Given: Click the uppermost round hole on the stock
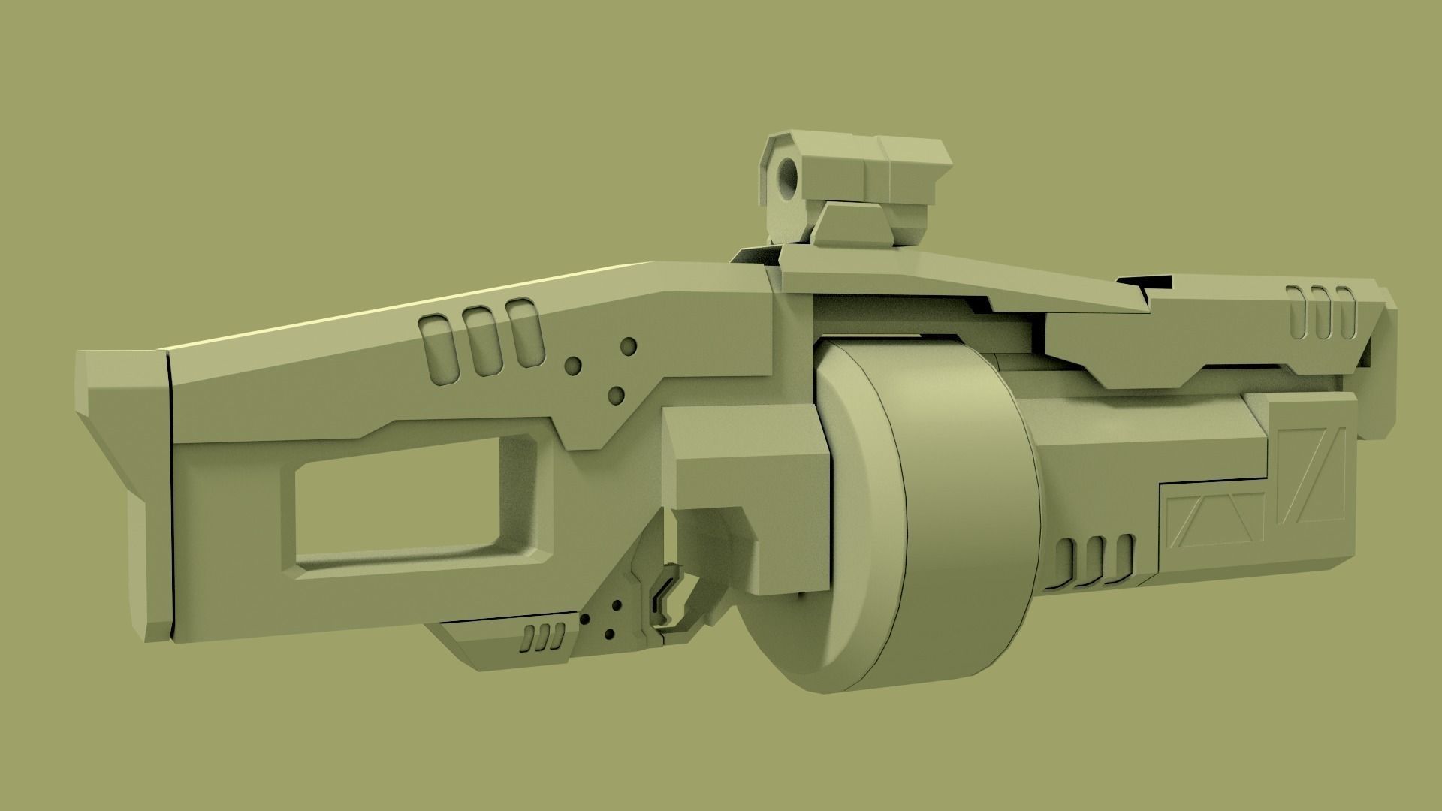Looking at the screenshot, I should (629, 346).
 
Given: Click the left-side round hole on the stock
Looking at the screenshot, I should (573, 366).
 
